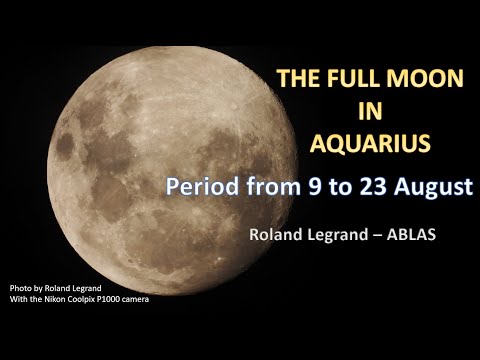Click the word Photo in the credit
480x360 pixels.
(x=20, y=288)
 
